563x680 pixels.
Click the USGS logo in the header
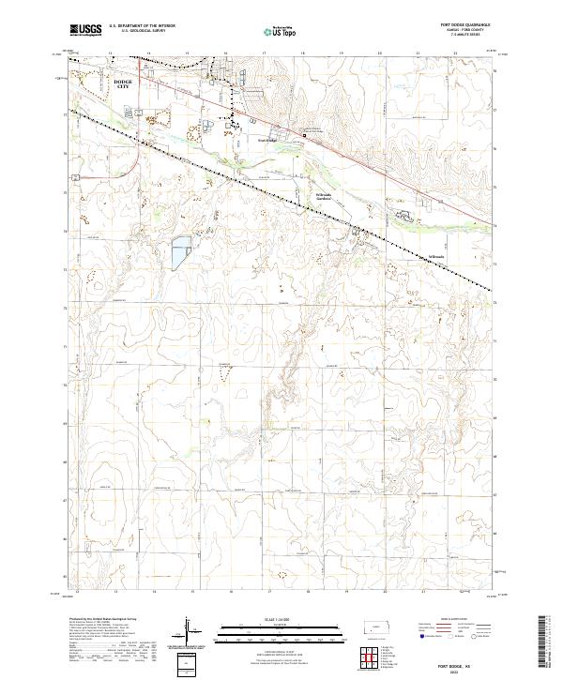pos(86,30)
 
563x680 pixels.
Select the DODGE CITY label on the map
pos(123,84)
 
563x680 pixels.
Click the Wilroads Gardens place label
pos(325,197)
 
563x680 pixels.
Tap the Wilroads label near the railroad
pos(437,256)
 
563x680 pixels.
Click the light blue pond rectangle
pos(180,249)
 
